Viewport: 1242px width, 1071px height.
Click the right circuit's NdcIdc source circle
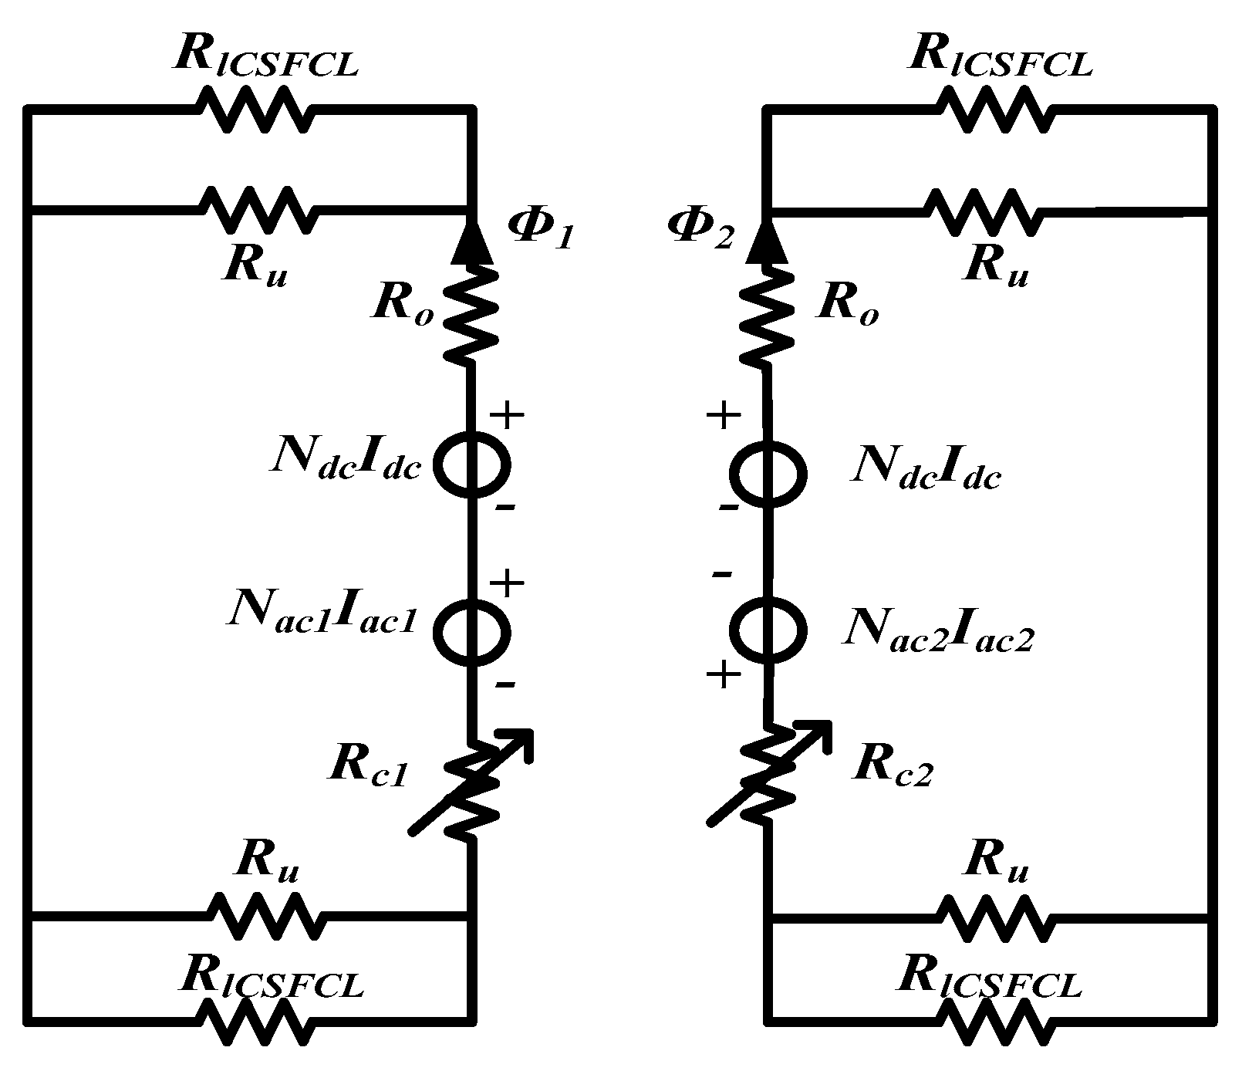pyautogui.click(x=768, y=472)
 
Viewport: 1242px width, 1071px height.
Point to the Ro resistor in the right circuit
pyautogui.click(x=766, y=315)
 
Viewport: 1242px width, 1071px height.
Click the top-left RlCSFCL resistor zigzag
pyautogui.click(x=257, y=109)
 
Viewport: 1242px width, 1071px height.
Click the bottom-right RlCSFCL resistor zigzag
pyautogui.click(x=995, y=1022)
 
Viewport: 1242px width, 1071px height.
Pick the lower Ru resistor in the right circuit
pyautogui.click(x=995, y=917)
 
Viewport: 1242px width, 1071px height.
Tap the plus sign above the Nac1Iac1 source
pyautogui.click(x=508, y=583)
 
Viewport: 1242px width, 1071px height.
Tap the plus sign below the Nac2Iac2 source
pyautogui.click(x=724, y=676)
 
